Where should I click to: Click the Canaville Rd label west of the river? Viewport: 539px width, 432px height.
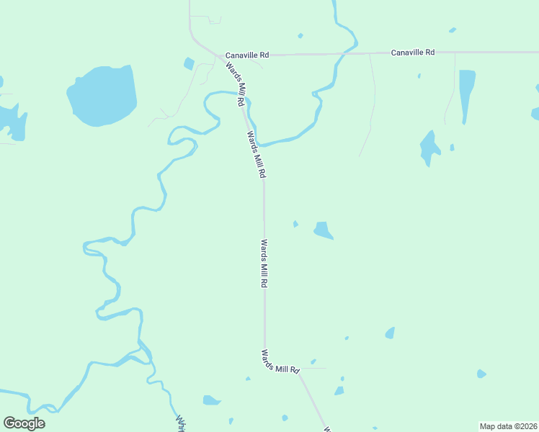pyautogui.click(x=246, y=55)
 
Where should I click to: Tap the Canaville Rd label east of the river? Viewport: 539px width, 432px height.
pyautogui.click(x=413, y=53)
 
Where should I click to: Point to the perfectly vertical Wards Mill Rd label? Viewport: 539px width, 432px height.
pyautogui.click(x=264, y=264)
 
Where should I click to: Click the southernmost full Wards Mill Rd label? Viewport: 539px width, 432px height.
pyautogui.click(x=280, y=361)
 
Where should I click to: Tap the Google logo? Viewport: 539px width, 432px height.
pyautogui.click(x=24, y=423)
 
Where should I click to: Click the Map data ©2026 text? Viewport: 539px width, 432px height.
pyautogui.click(x=508, y=426)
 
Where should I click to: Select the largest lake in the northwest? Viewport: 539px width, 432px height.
pyautogui.click(x=103, y=95)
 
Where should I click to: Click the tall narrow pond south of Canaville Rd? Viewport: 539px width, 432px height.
pyautogui.click(x=467, y=94)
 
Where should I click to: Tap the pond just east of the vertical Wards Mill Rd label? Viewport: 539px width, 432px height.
pyautogui.click(x=323, y=230)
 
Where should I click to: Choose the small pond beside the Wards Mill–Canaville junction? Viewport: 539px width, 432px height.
pyautogui.click(x=189, y=63)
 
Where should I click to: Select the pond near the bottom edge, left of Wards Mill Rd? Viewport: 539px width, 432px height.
pyautogui.click(x=211, y=400)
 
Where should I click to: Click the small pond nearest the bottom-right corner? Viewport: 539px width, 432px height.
pyautogui.click(x=481, y=374)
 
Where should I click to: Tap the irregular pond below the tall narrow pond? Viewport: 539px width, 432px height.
pyautogui.click(x=429, y=148)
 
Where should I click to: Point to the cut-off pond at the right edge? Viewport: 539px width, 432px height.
pyautogui.click(x=535, y=114)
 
